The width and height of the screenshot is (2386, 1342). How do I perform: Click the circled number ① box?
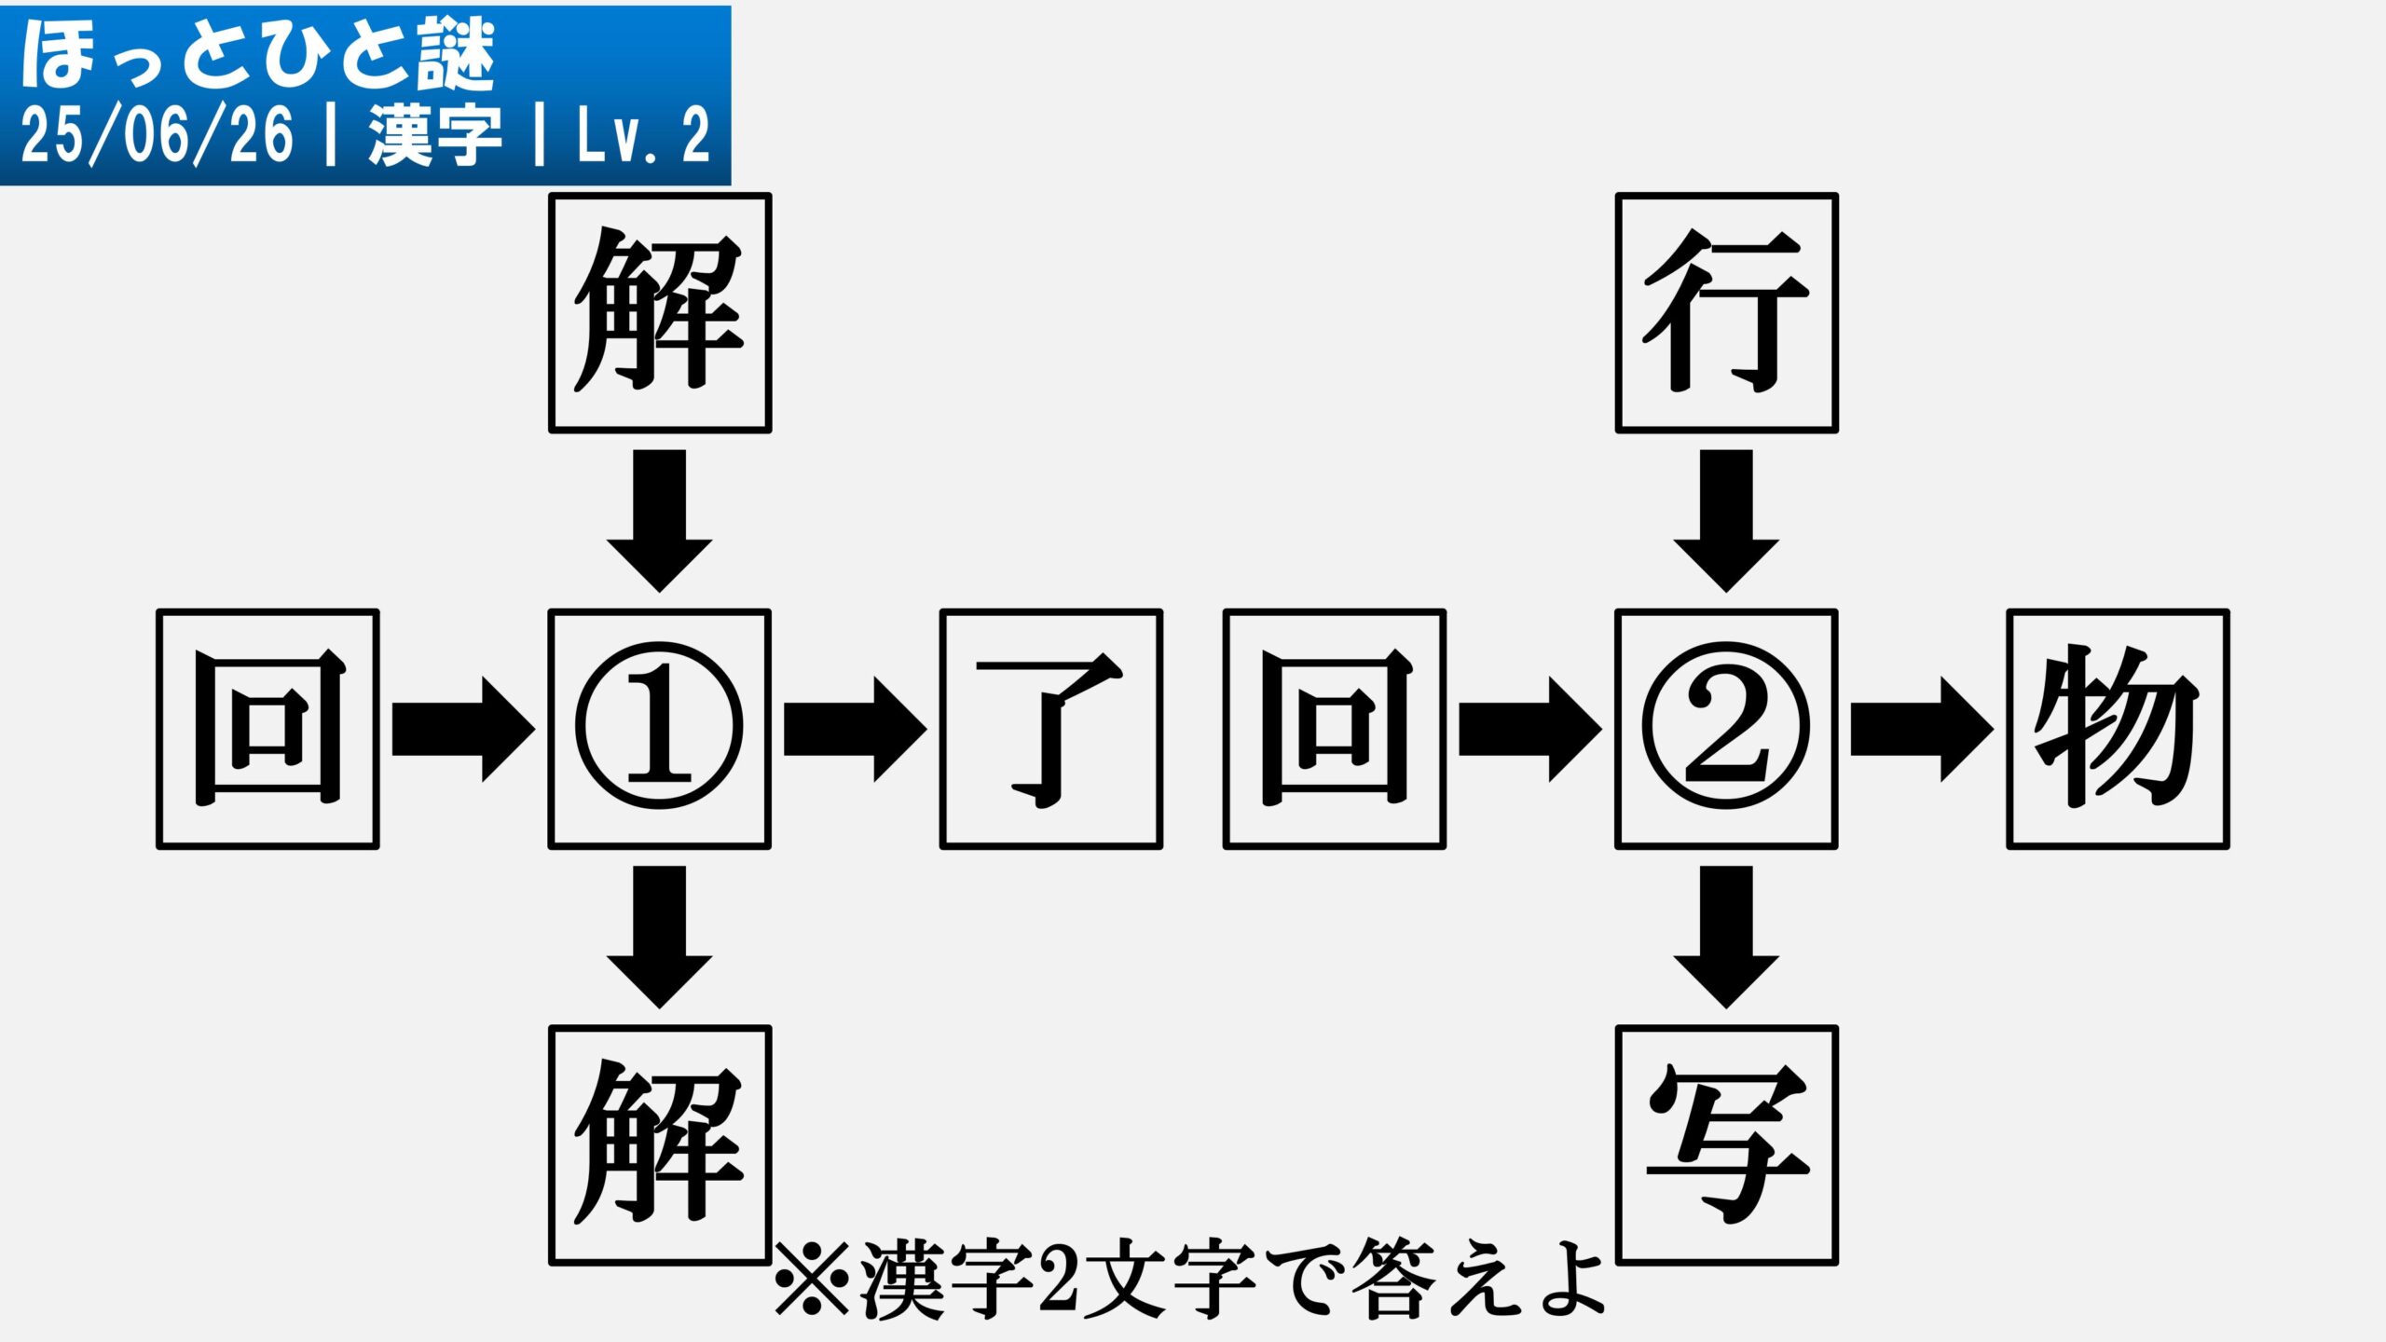click(x=660, y=729)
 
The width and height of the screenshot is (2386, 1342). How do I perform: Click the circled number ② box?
click(x=1726, y=729)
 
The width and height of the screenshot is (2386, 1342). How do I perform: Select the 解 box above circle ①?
click(x=660, y=313)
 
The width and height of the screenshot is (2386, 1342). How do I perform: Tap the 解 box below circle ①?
click(x=660, y=1145)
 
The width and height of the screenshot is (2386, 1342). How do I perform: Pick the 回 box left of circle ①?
click(x=267, y=729)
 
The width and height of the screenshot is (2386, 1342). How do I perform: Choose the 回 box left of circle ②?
click(x=1335, y=729)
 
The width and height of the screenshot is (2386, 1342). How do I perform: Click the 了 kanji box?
click(x=1051, y=729)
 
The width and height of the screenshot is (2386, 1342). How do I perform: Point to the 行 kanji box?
click(x=1726, y=313)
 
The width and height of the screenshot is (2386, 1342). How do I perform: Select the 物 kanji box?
click(x=2118, y=729)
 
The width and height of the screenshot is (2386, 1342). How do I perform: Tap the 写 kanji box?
click(x=1726, y=1145)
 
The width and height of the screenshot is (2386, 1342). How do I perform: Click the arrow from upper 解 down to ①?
click(x=660, y=521)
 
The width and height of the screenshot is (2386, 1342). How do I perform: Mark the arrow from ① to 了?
click(x=856, y=730)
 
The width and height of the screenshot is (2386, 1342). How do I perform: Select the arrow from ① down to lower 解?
click(x=660, y=938)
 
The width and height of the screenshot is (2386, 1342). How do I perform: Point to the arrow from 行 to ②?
click(x=1726, y=521)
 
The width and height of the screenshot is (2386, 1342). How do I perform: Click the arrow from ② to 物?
click(x=1922, y=730)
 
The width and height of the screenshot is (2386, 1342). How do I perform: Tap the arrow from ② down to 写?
click(x=1726, y=938)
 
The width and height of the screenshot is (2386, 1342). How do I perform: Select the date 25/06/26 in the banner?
click(x=157, y=135)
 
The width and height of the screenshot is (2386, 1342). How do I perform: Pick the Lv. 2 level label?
click(x=643, y=136)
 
